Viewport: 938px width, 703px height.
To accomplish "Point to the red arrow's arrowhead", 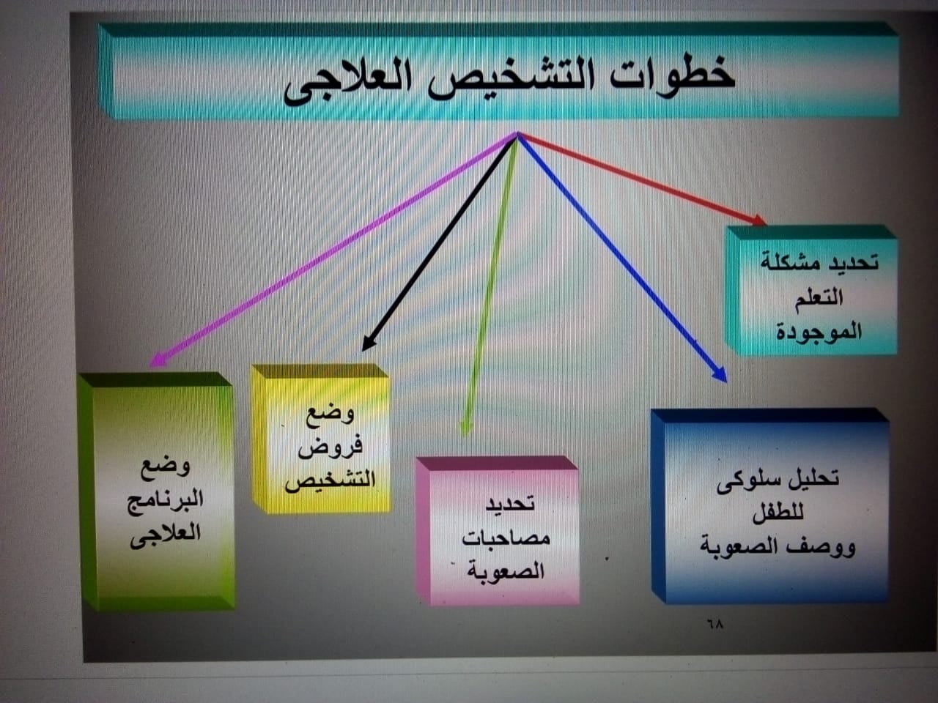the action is click(x=759, y=220).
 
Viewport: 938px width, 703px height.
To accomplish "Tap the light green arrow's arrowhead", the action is click(x=465, y=428).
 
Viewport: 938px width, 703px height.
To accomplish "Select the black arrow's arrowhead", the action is click(x=369, y=343).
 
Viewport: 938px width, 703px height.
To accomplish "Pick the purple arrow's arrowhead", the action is click(x=158, y=360).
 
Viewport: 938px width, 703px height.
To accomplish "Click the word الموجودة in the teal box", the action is click(x=819, y=331).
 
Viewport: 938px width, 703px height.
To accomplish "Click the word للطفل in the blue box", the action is click(x=778, y=513).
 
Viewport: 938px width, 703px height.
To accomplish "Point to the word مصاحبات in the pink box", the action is click(x=506, y=538).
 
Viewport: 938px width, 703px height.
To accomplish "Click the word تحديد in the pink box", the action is click(x=510, y=504).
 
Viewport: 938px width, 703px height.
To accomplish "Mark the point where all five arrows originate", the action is click(x=517, y=134).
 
